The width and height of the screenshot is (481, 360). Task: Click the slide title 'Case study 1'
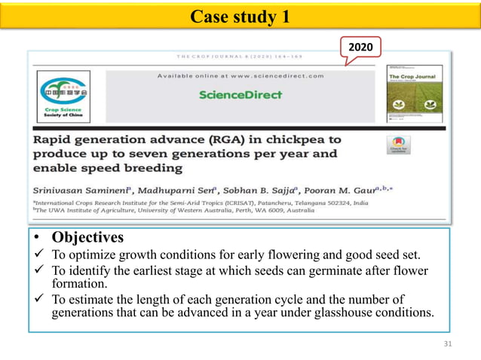(x=240, y=16)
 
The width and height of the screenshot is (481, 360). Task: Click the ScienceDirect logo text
(x=240, y=95)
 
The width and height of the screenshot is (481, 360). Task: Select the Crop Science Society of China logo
(x=63, y=96)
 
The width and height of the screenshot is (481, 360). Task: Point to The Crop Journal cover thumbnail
(x=414, y=97)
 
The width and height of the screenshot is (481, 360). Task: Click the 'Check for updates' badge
(x=398, y=145)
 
